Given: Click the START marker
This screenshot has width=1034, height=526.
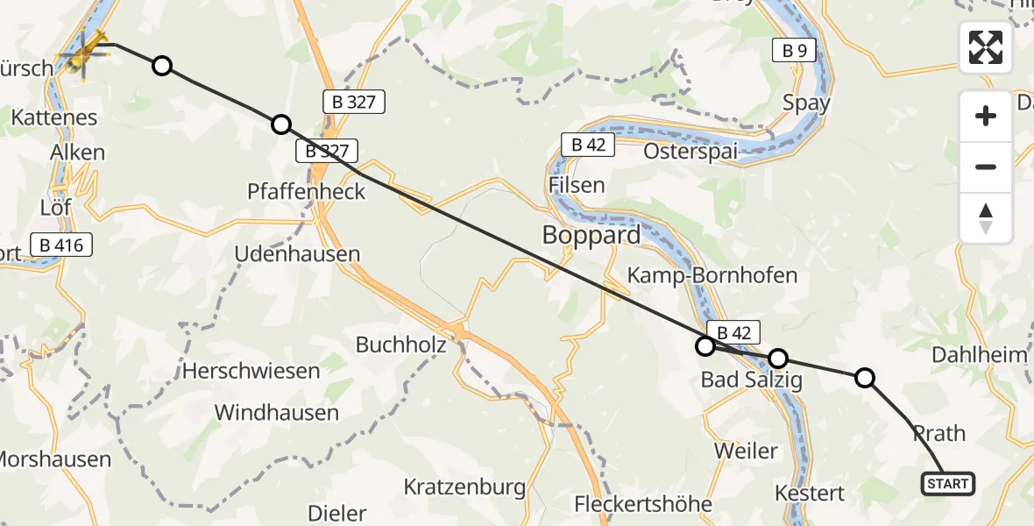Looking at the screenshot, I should pos(947,483).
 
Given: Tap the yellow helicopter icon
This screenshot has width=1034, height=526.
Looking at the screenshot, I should pos(84,53).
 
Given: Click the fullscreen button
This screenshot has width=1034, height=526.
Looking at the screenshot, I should pos(986,47).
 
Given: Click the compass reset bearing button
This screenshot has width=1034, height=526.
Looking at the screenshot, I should pos(986,218).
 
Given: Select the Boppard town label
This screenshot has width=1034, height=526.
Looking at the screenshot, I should pos(591,236).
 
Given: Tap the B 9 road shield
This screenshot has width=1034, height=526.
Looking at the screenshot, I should pos(794,51).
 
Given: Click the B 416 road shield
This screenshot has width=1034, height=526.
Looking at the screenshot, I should pos(61,245).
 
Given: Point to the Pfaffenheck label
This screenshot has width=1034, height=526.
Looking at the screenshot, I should pos(306,190).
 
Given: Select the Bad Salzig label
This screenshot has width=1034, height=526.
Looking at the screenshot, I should pos(751,380).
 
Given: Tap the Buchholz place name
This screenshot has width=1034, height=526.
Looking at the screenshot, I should pos(400,345).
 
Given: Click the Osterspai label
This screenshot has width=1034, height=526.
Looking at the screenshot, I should pos(690,151).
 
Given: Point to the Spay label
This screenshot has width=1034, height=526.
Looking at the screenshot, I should pos(806,103).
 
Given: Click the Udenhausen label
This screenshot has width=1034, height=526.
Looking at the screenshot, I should pos(297,254).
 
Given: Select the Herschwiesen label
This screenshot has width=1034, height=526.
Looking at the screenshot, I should pos(251,371).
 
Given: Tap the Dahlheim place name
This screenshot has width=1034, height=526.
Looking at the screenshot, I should pos(979,355).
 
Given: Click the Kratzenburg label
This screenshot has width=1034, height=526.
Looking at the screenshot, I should pos(464,487).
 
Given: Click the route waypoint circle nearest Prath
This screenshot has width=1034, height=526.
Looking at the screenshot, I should pos(864,378).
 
